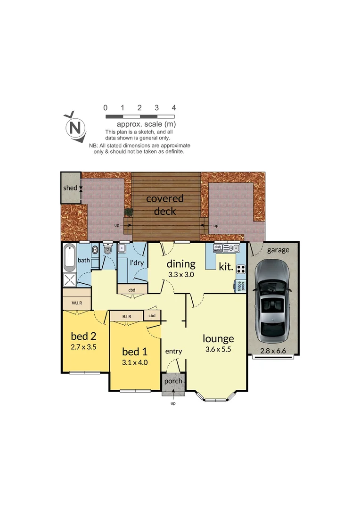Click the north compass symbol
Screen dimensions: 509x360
[74, 127]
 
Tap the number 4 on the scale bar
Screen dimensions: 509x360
[174, 108]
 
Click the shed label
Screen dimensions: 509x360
[70, 188]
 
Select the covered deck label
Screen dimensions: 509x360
[164, 205]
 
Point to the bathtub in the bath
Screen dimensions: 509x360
[70, 257]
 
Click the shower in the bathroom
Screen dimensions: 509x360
[70, 280]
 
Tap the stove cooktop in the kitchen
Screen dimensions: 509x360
[240, 270]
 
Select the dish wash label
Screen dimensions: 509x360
[218, 248]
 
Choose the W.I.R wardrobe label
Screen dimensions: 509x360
[77, 303]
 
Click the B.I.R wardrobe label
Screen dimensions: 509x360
[126, 316]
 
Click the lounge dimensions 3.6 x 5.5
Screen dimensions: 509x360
[218, 349]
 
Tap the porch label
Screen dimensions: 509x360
[173, 381]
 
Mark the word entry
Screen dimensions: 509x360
[173, 351]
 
